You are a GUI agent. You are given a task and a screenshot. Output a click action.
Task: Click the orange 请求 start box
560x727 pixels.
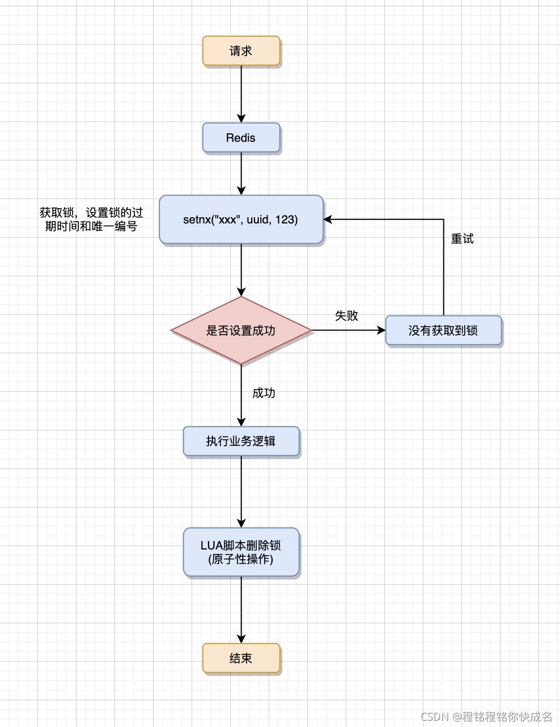coord(241,51)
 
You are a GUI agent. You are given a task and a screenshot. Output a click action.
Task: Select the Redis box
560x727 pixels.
coord(241,138)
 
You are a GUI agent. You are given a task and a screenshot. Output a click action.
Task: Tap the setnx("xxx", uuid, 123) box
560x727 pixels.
coord(241,219)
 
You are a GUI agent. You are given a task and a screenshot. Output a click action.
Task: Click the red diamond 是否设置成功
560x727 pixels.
coord(241,331)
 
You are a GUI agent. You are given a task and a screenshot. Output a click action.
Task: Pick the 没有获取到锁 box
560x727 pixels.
coord(443,331)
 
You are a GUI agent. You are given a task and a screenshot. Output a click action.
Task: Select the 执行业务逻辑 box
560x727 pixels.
coord(241,441)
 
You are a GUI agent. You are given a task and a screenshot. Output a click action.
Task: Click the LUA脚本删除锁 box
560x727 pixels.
coord(241,552)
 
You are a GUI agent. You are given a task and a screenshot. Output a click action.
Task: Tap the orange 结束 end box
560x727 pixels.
coord(241,658)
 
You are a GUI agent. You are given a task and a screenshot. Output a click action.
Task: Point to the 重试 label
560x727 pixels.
coord(462,239)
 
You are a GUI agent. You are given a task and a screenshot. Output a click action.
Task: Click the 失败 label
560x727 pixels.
coord(346,316)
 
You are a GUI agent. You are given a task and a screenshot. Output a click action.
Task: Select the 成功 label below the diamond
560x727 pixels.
coord(264,393)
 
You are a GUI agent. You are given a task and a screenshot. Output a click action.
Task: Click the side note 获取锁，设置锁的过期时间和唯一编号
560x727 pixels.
coord(91,219)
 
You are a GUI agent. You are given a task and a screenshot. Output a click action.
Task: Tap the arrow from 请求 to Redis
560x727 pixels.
coord(241,94)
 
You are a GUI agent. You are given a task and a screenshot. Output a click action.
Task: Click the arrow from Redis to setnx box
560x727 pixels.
coord(241,173)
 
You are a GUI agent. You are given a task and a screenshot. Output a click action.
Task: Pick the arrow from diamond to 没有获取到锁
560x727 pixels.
coord(349,330)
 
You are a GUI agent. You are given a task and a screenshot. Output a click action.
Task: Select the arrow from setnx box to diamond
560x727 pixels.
coord(241,269)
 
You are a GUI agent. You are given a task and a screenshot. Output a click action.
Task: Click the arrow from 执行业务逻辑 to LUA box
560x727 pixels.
coord(241,491)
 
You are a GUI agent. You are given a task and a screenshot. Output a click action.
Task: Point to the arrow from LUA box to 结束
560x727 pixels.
coord(241,610)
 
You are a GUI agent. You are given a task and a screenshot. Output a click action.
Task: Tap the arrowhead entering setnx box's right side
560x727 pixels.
coord(328,219)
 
